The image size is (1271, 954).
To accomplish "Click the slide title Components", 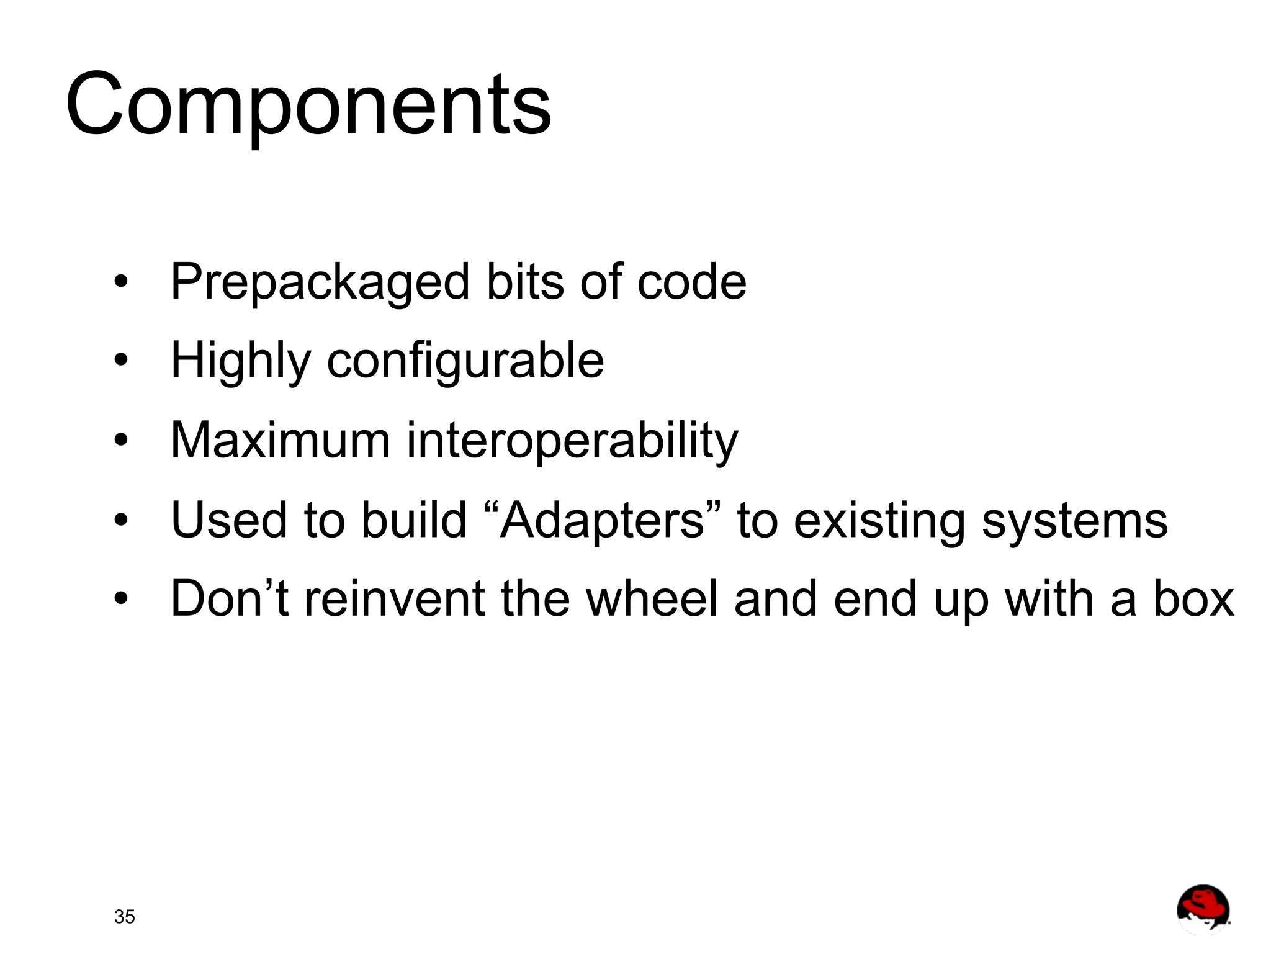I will click(x=308, y=106).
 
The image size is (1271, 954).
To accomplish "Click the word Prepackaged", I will click(x=320, y=283).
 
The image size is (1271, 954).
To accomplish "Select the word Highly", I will click(x=240, y=361).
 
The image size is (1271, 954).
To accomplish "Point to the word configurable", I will click(x=465, y=361).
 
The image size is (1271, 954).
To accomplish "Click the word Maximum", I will click(x=280, y=440).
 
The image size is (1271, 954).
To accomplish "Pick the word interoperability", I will click(x=572, y=441).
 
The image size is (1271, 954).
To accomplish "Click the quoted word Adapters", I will click(x=602, y=520).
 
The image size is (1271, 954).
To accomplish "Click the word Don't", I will click(x=229, y=598).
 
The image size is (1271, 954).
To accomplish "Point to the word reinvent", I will click(x=394, y=598).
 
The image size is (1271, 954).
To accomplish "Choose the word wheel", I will click(x=652, y=598).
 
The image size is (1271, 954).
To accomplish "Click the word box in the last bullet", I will click(x=1193, y=600).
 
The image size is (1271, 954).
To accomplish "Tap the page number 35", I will click(x=124, y=917).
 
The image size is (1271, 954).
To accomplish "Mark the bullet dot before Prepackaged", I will click(x=121, y=282).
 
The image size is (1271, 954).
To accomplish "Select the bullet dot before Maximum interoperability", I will click(x=121, y=441).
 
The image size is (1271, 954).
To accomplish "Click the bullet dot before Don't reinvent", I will click(x=121, y=599).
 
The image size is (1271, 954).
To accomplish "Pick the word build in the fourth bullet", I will click(x=414, y=520).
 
